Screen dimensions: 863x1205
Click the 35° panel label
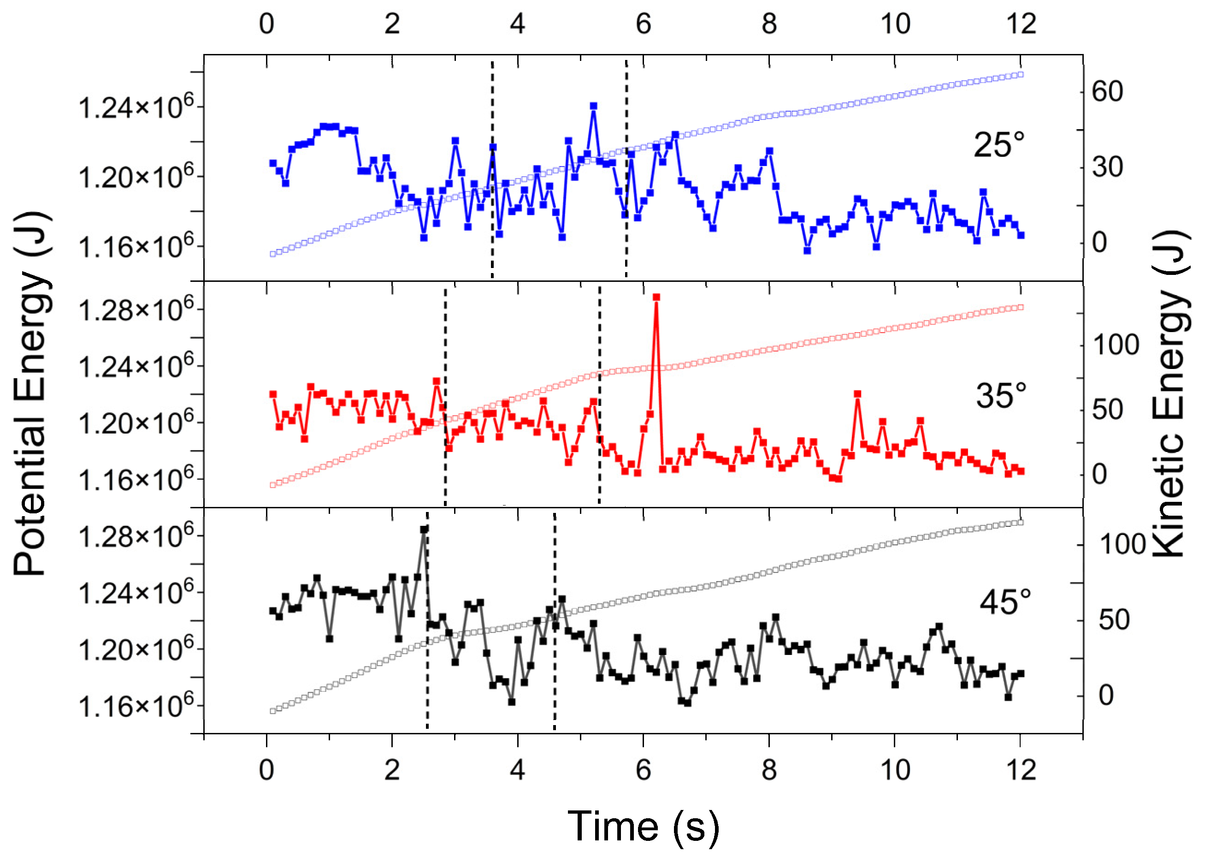(x=1000, y=395)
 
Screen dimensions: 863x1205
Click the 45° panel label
(x=1005, y=602)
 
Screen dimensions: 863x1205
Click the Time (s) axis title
(x=643, y=827)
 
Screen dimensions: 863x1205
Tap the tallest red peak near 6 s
(x=656, y=298)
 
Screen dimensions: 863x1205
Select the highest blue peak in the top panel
(x=593, y=106)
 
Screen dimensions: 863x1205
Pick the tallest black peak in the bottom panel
(x=424, y=530)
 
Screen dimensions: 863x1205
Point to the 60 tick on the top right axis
(x=1107, y=91)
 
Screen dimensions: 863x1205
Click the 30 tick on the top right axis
(x=1107, y=167)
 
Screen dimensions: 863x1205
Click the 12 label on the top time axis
(x=1021, y=24)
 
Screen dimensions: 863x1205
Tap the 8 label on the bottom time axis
(x=769, y=769)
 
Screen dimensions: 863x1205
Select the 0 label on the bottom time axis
(x=266, y=769)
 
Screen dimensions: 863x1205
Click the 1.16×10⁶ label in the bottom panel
(x=136, y=706)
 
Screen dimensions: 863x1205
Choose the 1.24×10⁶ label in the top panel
(x=136, y=107)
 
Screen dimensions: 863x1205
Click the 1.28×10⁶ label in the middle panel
(x=136, y=309)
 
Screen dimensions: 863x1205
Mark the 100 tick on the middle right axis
(x=1115, y=345)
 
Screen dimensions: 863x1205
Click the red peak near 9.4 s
(x=857, y=394)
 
